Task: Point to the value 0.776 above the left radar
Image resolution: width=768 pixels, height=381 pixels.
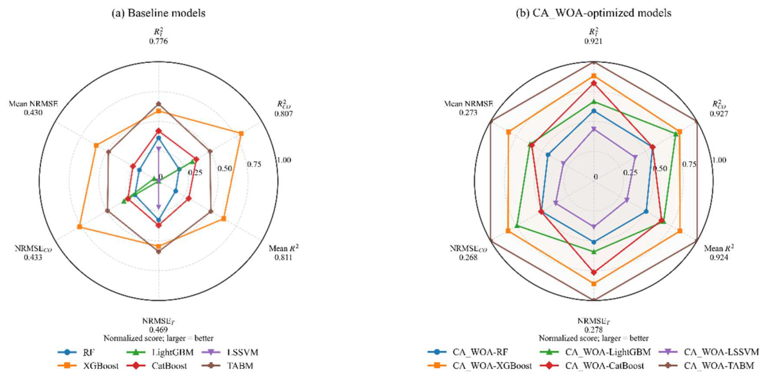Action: [159, 42]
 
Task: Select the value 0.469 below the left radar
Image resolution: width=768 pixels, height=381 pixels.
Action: [159, 330]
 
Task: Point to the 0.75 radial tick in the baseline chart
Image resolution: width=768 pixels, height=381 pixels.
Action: [255, 164]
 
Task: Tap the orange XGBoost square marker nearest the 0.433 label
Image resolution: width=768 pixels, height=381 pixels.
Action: [79, 227]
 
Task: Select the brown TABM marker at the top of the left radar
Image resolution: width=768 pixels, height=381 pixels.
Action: [159, 104]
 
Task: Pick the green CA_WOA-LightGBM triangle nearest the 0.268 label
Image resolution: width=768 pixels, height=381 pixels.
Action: [517, 226]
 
